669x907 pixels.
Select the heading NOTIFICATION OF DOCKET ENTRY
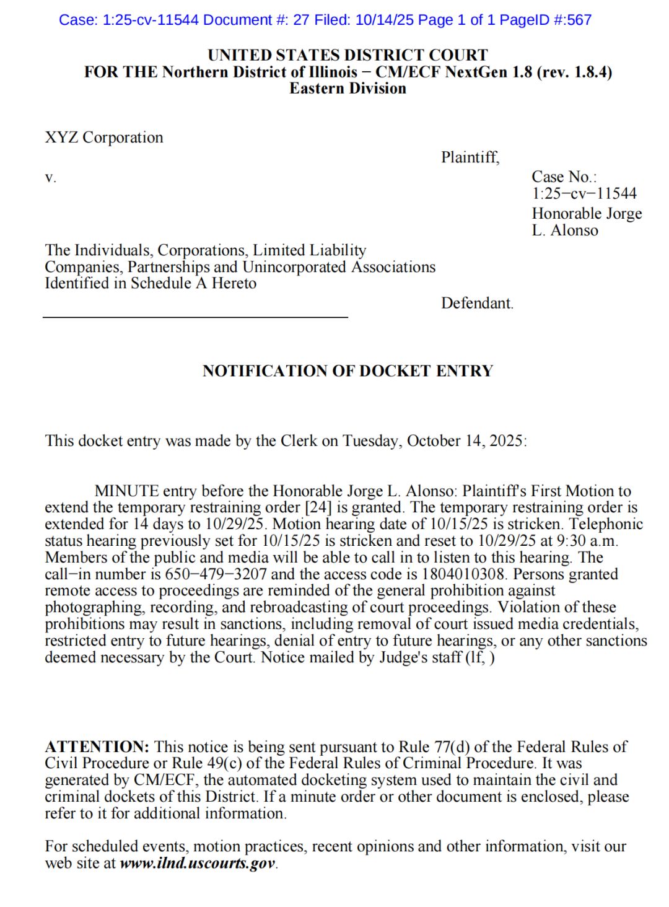point(348,371)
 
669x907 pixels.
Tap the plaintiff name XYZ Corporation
point(104,138)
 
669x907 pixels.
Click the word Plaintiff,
point(470,157)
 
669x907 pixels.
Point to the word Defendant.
point(477,303)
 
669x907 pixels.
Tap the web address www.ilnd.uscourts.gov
point(197,863)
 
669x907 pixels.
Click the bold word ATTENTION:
point(97,747)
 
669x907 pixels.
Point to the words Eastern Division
point(348,89)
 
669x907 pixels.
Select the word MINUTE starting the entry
point(126,491)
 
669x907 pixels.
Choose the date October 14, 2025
point(465,441)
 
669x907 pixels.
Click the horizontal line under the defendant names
point(195,317)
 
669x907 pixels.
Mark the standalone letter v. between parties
point(50,178)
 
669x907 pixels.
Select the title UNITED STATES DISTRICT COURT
point(348,55)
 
